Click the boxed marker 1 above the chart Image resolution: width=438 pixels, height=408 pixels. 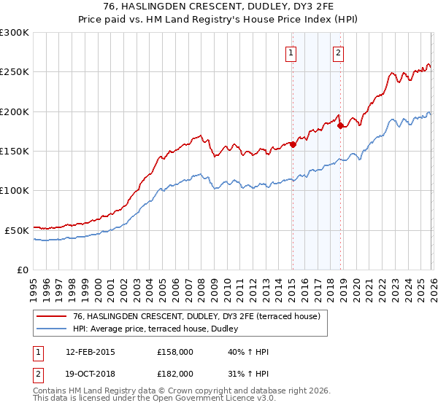pyautogui.click(x=291, y=52)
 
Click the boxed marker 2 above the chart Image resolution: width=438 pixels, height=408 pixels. pyautogui.click(x=339, y=52)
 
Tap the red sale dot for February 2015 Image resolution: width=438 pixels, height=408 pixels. pyautogui.click(x=293, y=144)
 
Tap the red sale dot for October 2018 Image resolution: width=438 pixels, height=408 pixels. pyautogui.click(x=340, y=125)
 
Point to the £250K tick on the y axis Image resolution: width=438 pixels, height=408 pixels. pyautogui.click(x=15, y=72)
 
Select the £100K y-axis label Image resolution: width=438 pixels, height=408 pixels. pyautogui.click(x=15, y=190)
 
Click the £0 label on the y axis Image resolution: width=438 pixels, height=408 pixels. pyautogui.click(x=22, y=270)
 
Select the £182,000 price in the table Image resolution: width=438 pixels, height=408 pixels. pyautogui.click(x=175, y=373)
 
